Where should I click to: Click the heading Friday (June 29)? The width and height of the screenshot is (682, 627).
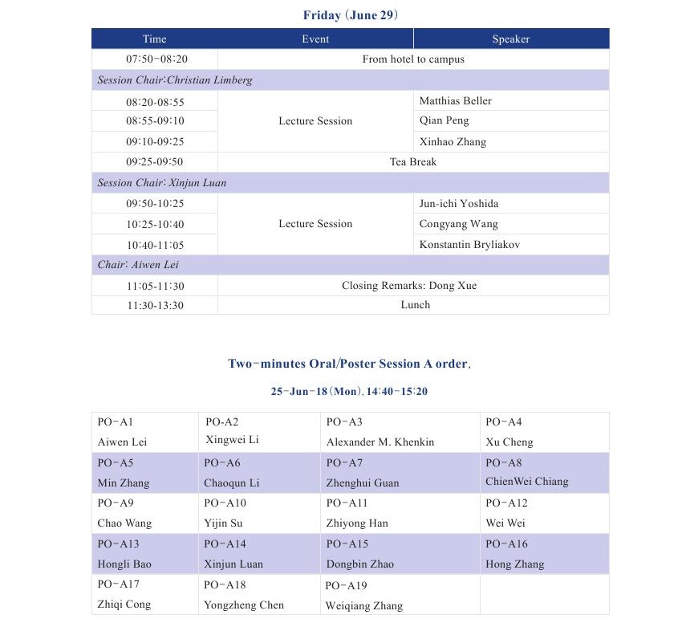(x=351, y=15)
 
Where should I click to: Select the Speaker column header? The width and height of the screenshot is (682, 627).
(x=510, y=39)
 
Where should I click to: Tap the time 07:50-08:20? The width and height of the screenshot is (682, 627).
(x=156, y=59)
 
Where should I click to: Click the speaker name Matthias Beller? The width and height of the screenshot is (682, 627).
(x=455, y=101)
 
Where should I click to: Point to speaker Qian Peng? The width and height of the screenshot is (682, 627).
(x=444, y=121)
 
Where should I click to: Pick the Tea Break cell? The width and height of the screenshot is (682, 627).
(x=412, y=162)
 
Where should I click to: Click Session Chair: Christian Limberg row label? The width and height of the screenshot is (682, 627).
(x=175, y=80)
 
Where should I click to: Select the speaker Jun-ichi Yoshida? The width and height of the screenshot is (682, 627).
(x=458, y=204)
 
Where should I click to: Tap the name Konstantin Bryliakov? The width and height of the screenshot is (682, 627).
(x=469, y=245)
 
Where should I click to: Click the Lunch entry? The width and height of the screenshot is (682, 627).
(x=415, y=305)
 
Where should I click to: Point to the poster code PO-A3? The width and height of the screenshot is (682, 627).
(x=344, y=422)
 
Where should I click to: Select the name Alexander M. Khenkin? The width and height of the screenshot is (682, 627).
(x=380, y=442)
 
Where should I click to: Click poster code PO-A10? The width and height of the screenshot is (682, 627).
(x=225, y=503)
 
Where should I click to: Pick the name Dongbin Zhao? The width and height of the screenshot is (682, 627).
(x=360, y=564)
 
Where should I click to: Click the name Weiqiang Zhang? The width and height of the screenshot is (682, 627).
(x=363, y=606)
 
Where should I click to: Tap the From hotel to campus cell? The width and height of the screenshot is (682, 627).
(x=412, y=59)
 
